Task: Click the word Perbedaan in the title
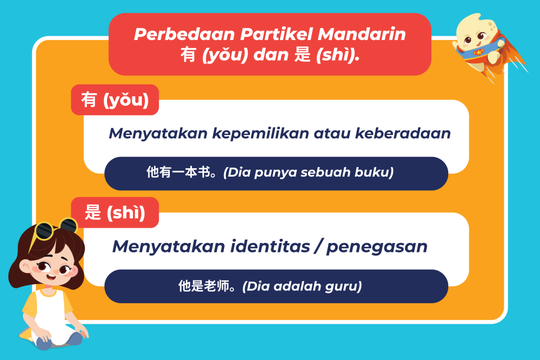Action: [184, 34]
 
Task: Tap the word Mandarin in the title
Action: [362, 34]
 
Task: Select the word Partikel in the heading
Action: [276, 34]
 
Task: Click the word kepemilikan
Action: [261, 133]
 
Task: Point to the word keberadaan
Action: [403, 133]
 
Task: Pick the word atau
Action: [332, 133]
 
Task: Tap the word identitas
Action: [270, 247]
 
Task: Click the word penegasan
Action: [377, 247]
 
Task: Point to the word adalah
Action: [297, 286]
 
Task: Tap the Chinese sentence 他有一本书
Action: [178, 172]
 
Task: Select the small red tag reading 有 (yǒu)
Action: [115, 100]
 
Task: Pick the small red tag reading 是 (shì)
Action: [115, 212]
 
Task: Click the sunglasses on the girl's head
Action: [55, 229]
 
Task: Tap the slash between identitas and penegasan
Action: [318, 247]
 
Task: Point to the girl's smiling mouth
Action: [51, 276]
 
